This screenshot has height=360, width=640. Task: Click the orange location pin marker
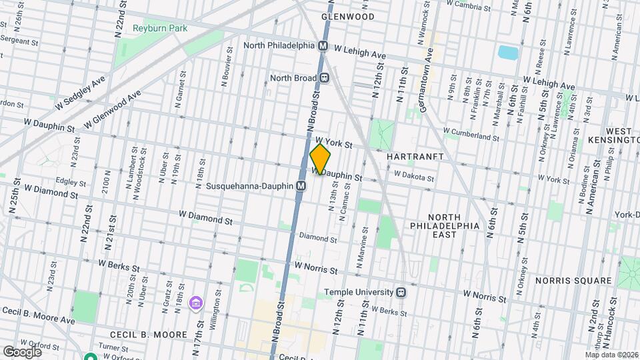click(x=321, y=159)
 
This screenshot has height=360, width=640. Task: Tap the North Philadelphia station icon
click(x=323, y=46)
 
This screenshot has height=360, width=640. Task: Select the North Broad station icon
click(x=325, y=78)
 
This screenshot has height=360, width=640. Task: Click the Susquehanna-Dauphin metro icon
click(x=301, y=186)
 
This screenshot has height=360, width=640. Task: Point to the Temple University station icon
click(x=401, y=291)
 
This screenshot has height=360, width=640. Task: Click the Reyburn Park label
click(x=159, y=29)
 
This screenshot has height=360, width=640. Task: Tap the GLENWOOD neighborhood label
click(x=347, y=15)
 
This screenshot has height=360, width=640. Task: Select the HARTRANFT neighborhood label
click(x=415, y=155)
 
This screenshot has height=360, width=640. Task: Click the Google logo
click(x=22, y=351)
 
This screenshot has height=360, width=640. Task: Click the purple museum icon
click(x=195, y=304)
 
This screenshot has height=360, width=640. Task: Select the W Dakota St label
click(x=413, y=177)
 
